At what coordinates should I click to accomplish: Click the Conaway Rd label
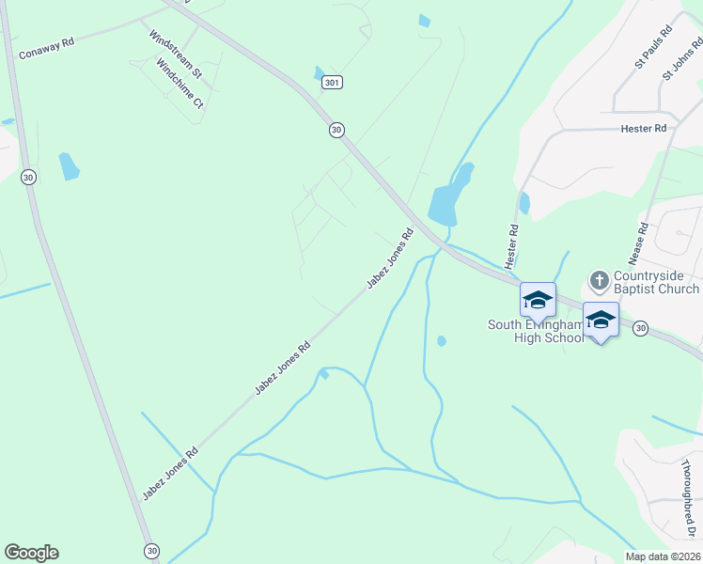[46, 49]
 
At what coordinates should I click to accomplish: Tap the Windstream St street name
[177, 53]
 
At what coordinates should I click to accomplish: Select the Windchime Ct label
[180, 84]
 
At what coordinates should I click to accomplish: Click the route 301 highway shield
[331, 83]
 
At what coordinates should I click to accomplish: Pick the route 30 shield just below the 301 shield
[336, 130]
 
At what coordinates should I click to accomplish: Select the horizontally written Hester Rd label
[643, 128]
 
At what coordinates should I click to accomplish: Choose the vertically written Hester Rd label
[513, 242]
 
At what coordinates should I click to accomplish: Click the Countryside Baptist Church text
[656, 282]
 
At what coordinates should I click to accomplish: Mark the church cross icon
[599, 280]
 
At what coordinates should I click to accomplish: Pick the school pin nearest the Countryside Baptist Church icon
[601, 321]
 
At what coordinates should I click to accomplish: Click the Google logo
[31, 553]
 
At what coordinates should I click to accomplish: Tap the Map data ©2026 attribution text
[663, 556]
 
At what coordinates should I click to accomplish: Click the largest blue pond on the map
[446, 200]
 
